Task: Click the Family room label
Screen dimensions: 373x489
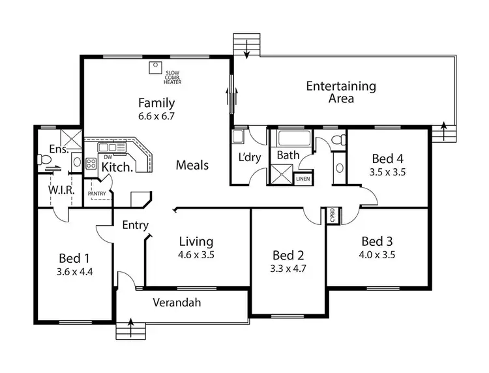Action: tap(156, 102)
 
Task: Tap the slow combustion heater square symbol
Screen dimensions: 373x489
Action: tap(155, 67)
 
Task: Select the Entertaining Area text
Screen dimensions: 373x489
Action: tap(341, 92)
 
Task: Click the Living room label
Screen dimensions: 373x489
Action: tap(196, 242)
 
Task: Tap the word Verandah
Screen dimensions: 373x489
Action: tap(177, 303)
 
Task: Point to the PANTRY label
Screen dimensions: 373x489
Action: tap(97, 194)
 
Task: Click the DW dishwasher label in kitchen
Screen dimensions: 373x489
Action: tap(108, 157)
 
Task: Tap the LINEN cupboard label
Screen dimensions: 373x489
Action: tap(303, 178)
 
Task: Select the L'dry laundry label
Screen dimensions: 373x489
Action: tap(250, 158)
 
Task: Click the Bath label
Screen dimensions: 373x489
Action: tap(288, 155)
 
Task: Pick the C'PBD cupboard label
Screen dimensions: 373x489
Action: tap(332, 215)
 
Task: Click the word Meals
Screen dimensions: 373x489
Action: tap(192, 165)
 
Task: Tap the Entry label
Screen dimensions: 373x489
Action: tap(136, 225)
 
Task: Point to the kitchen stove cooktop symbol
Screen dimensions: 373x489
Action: tap(91, 164)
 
